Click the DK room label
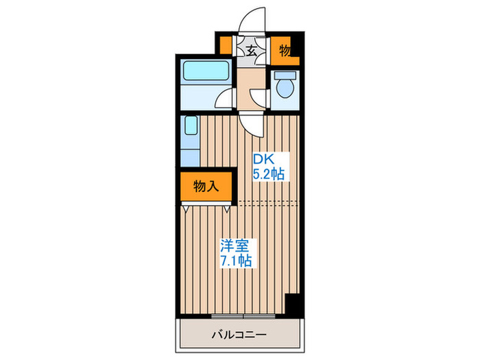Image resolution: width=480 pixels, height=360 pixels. (x=265, y=159)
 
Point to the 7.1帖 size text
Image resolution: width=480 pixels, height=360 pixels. (x=235, y=261)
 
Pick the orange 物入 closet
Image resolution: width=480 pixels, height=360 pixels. (x=206, y=186)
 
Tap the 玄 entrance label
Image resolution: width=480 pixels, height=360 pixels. (x=251, y=51)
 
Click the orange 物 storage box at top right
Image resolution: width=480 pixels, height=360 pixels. (x=285, y=50)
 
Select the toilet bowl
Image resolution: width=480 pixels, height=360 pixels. (x=284, y=87)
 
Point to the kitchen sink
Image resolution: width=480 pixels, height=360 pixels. (x=191, y=128)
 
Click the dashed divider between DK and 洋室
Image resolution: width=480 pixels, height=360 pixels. (x=267, y=202)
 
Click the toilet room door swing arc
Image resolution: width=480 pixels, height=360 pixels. (x=259, y=97)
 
